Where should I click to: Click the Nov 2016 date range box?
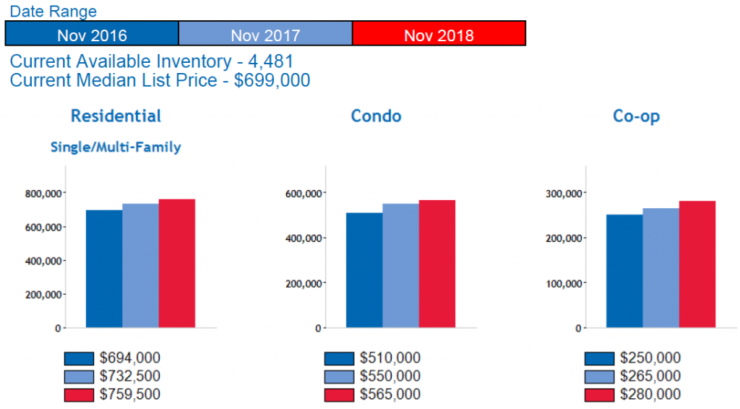(x=92, y=34)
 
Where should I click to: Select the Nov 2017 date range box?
(x=265, y=34)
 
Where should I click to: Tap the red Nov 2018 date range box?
(x=439, y=34)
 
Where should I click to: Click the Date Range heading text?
(x=53, y=11)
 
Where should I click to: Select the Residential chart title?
(x=116, y=116)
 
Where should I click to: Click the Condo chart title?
(x=376, y=116)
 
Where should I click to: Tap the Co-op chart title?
(x=636, y=116)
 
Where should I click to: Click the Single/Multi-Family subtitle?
(x=116, y=147)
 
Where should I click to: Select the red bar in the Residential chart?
(x=177, y=263)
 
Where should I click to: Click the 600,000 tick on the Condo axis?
(x=302, y=194)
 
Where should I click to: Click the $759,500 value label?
(x=130, y=395)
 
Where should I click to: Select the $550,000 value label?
(x=390, y=376)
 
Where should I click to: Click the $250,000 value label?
(x=650, y=358)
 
